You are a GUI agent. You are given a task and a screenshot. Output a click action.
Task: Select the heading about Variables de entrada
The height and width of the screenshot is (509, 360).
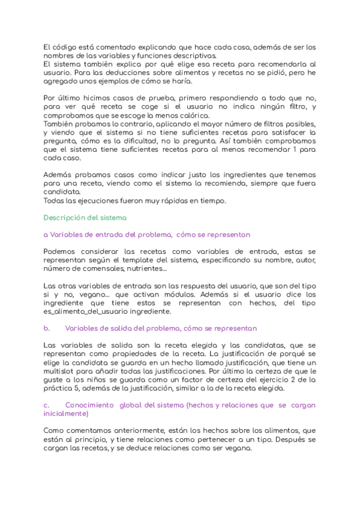tap(148, 234)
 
